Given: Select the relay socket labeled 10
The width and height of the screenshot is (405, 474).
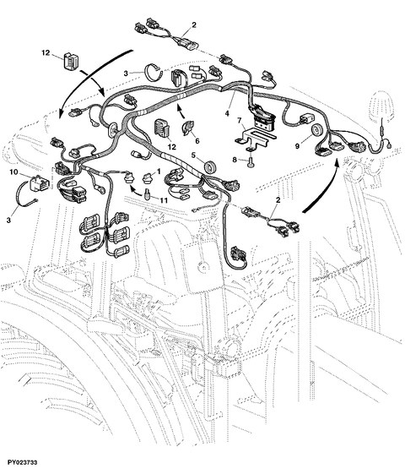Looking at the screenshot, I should [x=38, y=180].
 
